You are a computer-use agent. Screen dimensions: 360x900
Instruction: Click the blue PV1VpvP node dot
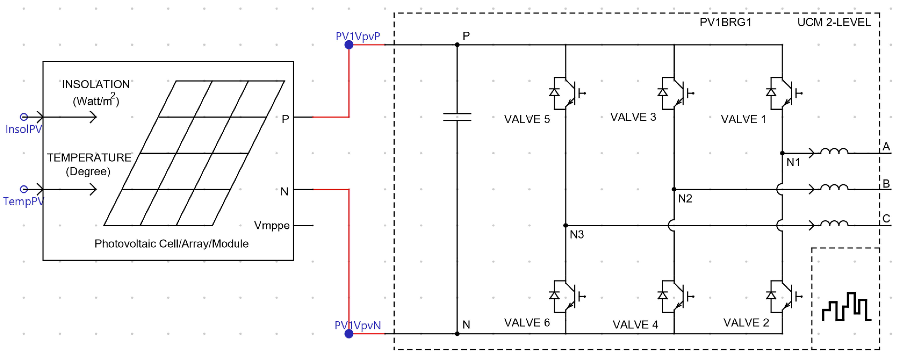click(349, 45)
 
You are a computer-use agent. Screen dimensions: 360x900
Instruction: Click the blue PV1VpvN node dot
click(349, 334)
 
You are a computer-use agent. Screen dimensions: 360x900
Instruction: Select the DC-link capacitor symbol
click(457, 117)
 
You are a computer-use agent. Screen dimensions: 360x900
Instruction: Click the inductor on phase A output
click(834, 152)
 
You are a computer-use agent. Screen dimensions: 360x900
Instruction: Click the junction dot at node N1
click(782, 153)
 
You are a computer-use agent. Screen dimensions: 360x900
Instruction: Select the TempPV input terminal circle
click(24, 189)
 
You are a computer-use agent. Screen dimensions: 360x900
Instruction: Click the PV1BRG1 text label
click(725, 22)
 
